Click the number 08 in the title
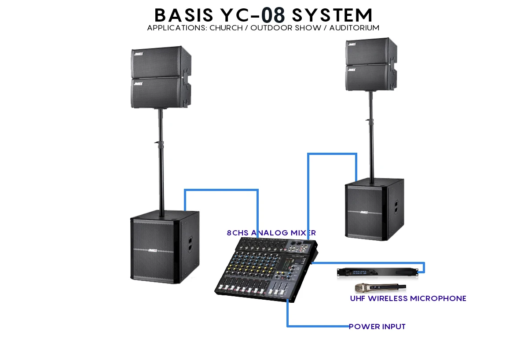pyautogui.click(x=273, y=15)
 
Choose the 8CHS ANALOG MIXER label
pyautogui.click(x=271, y=233)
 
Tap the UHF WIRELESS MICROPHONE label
pyautogui.click(x=408, y=298)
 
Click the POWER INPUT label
pyautogui.click(x=377, y=327)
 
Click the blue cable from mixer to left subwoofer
pyautogui.click(x=220, y=190)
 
